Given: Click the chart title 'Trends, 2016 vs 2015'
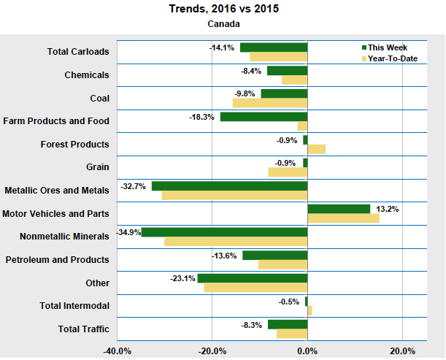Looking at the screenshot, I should coord(223,9).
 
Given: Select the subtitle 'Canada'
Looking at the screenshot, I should coord(223,23).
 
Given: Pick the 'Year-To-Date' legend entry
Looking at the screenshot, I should coord(392,58).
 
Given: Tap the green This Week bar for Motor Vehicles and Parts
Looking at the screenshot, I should coord(339,209).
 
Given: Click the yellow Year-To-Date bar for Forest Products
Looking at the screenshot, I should coord(316,149).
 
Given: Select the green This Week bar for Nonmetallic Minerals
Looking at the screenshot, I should coord(224,232).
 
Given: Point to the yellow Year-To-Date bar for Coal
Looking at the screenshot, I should coord(270,103).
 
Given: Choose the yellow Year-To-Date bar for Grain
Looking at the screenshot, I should coord(288,172).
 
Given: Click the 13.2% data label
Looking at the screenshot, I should coord(386,209).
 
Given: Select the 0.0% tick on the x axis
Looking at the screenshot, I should coord(307,351).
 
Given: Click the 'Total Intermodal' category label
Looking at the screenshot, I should coord(74,306).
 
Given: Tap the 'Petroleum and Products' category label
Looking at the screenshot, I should coord(57,260).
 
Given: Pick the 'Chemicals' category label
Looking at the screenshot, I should coord(86,74).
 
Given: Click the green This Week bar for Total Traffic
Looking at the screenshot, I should coord(288,324).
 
